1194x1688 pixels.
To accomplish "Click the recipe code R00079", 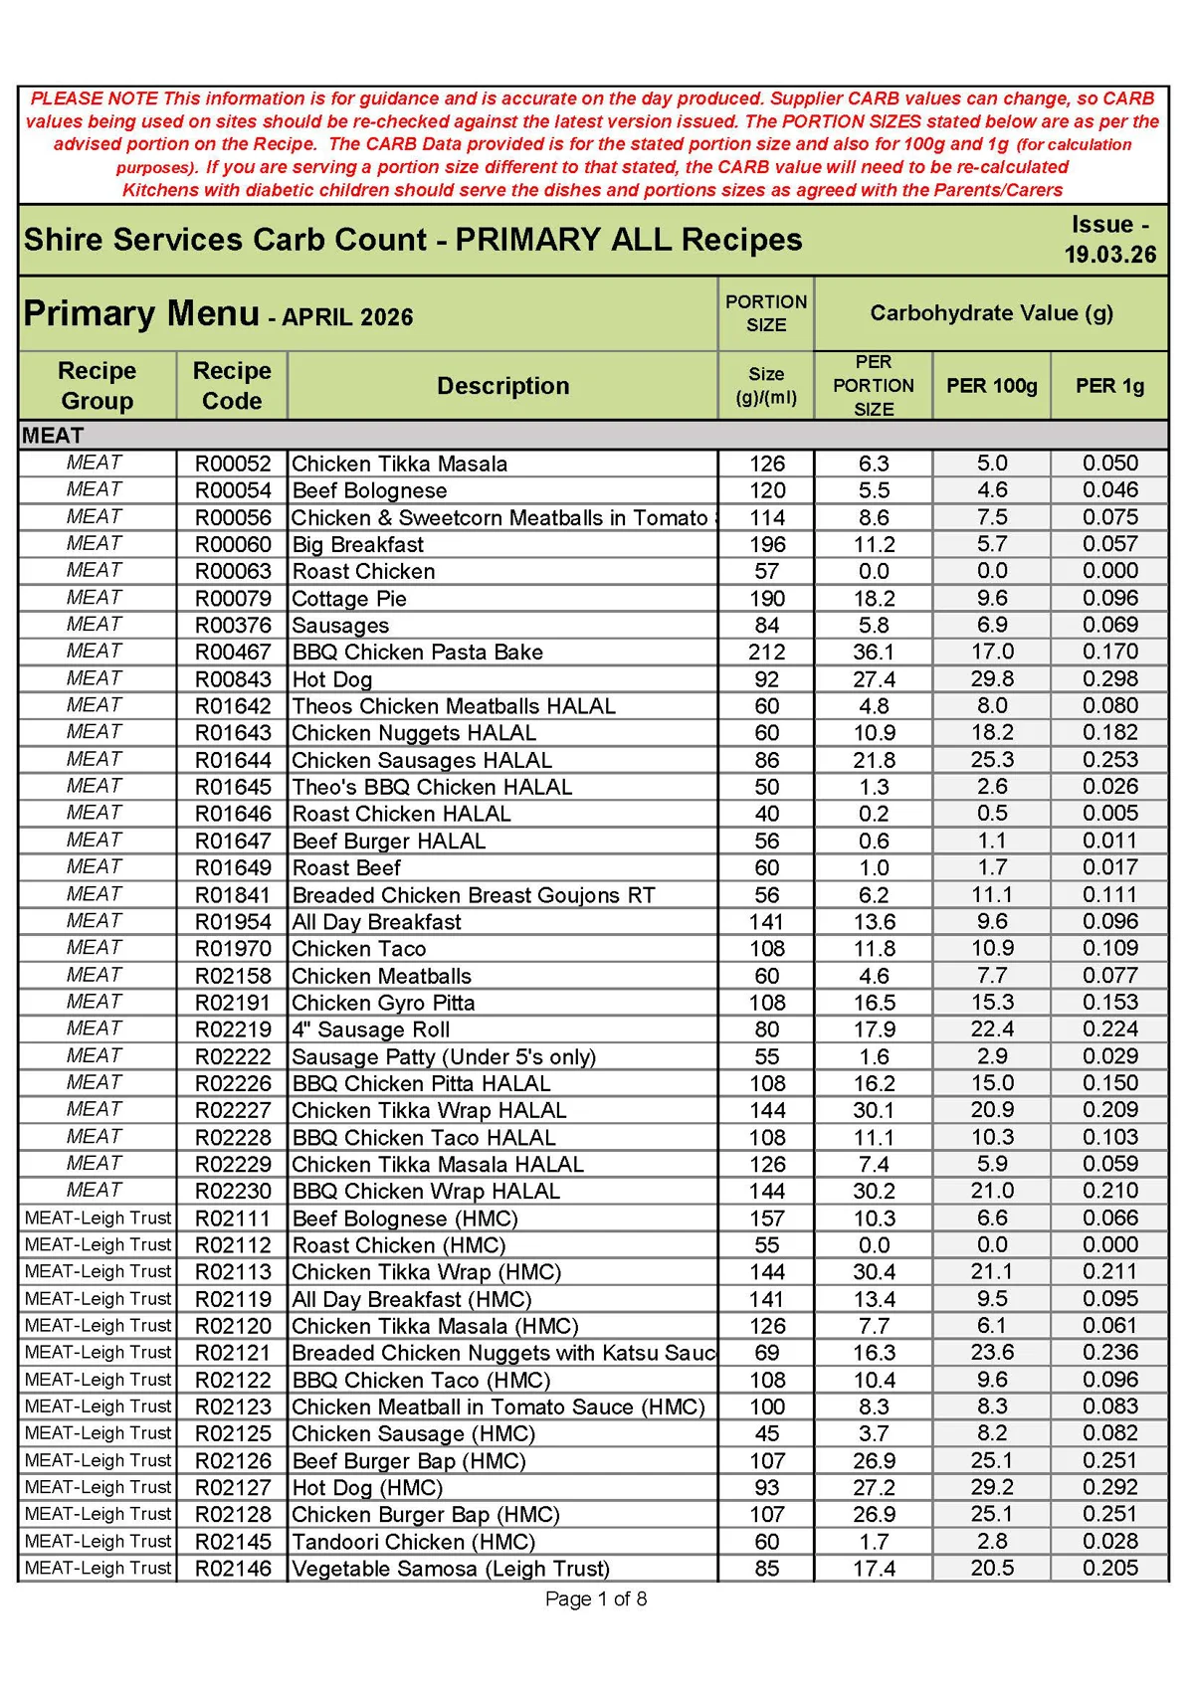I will (x=233, y=599).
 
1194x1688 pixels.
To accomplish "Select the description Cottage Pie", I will (x=349, y=599).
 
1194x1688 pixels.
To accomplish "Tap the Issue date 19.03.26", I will (x=1109, y=255).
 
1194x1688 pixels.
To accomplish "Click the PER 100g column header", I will (x=991, y=386).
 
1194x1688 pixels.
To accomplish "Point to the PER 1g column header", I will (x=1109, y=386).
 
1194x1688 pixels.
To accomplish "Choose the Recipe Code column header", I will (x=232, y=386).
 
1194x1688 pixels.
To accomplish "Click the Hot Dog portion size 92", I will (x=766, y=679).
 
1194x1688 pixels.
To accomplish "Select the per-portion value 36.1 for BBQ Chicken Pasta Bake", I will (x=874, y=653).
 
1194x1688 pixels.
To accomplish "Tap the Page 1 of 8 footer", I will (x=596, y=1598).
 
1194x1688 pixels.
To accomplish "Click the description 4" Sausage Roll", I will (x=371, y=1030).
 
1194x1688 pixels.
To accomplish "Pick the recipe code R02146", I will (x=233, y=1569).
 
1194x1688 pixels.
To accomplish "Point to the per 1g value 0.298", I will (x=1109, y=679).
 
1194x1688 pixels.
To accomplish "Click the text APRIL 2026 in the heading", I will (x=347, y=317).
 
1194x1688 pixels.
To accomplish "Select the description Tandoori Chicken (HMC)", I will (x=413, y=1542).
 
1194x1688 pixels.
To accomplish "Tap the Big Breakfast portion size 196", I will (x=766, y=545).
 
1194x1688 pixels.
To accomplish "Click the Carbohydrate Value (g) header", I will (x=991, y=313).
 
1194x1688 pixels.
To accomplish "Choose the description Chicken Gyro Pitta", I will (x=383, y=1003).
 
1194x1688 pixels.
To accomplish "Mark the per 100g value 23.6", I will (x=991, y=1353).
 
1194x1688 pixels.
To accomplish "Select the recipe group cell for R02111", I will (x=98, y=1219).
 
